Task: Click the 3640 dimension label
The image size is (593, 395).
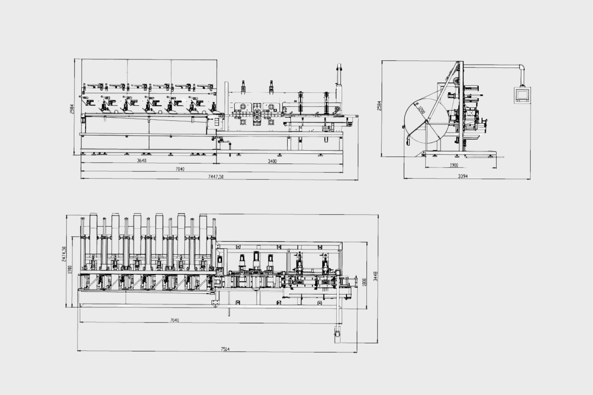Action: (141, 161)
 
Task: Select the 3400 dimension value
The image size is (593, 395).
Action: (272, 161)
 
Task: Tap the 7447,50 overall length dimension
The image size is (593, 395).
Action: (216, 177)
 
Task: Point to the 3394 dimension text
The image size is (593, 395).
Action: (463, 176)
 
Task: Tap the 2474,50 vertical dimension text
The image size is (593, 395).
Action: (64, 254)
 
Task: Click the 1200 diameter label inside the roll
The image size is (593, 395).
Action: (421, 110)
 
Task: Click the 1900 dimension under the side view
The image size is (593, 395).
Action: (454, 165)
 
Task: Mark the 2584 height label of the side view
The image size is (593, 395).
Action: (380, 106)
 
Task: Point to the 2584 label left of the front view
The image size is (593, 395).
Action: (72, 109)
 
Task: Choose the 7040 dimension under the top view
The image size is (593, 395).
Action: (175, 320)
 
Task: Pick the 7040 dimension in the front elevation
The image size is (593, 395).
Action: (180, 169)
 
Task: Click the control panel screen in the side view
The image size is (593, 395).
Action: (522, 94)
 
